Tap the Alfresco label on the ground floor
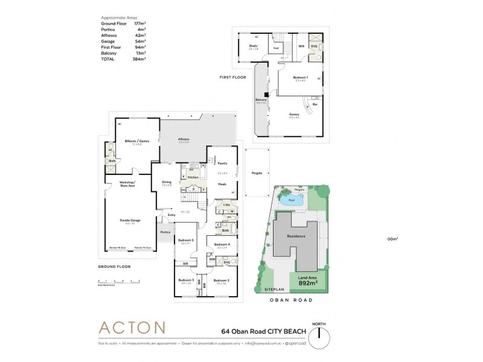click(x=184, y=139)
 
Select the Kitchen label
click(x=193, y=178)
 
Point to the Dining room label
click(x=167, y=182)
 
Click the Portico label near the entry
click(x=165, y=232)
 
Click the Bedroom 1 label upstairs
click(x=300, y=78)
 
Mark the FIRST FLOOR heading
click(x=232, y=78)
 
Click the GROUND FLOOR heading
click(x=114, y=266)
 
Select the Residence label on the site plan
click(x=296, y=237)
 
